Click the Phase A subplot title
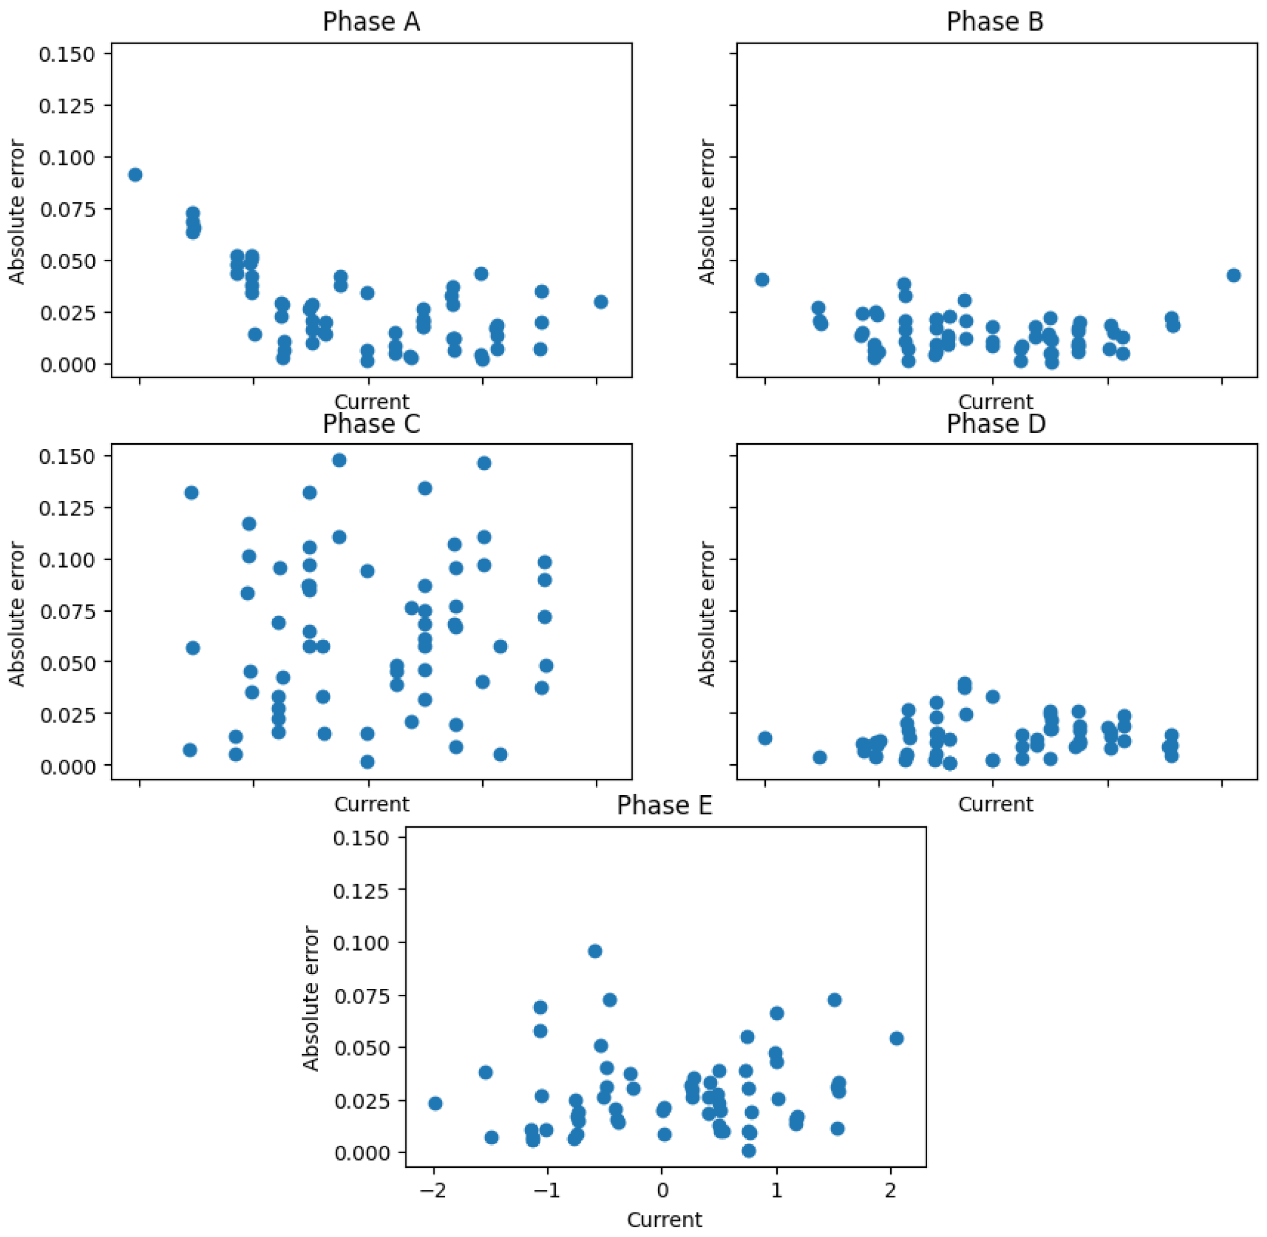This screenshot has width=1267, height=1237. tap(371, 22)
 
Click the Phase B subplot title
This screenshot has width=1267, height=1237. tap(994, 22)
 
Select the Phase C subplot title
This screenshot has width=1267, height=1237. tap(371, 424)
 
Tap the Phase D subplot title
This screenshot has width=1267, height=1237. tap(995, 424)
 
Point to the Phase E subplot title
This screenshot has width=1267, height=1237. tap(665, 806)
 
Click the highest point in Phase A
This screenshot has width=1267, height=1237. tap(135, 175)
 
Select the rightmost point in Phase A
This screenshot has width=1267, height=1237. tap(601, 302)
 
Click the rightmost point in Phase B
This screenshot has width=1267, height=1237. tap(1233, 275)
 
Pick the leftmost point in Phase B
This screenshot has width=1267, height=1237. tap(762, 280)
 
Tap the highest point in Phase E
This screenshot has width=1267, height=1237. tap(595, 952)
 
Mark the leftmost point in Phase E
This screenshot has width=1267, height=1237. tap(436, 1104)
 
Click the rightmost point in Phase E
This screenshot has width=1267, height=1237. tap(896, 1039)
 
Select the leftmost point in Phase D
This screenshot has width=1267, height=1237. tap(765, 738)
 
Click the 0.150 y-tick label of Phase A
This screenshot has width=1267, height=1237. tap(67, 54)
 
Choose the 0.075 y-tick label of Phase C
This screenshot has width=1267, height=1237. tap(67, 611)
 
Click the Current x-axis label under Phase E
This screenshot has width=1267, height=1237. tap(665, 1220)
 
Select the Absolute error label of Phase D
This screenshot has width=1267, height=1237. tap(707, 614)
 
